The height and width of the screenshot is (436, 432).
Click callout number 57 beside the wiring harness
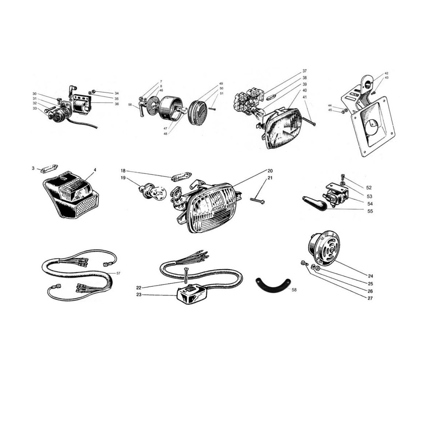tap(118, 273)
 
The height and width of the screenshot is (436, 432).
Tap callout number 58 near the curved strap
tap(294, 290)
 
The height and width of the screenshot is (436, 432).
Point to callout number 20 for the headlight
tap(270, 170)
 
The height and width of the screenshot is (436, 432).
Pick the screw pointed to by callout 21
tap(257, 200)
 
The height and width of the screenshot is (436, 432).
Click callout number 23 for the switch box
tap(139, 295)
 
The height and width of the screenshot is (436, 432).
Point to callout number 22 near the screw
tap(139, 288)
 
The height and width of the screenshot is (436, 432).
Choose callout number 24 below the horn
tap(370, 276)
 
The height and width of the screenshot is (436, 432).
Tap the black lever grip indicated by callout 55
tap(314, 202)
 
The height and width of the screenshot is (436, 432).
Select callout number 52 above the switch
tap(369, 188)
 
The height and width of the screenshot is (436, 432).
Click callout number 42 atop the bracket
tap(386, 73)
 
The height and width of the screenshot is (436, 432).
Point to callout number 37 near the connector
tap(305, 71)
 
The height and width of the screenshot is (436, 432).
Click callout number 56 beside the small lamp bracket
tap(130, 104)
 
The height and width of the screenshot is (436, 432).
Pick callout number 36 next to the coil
tap(117, 104)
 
